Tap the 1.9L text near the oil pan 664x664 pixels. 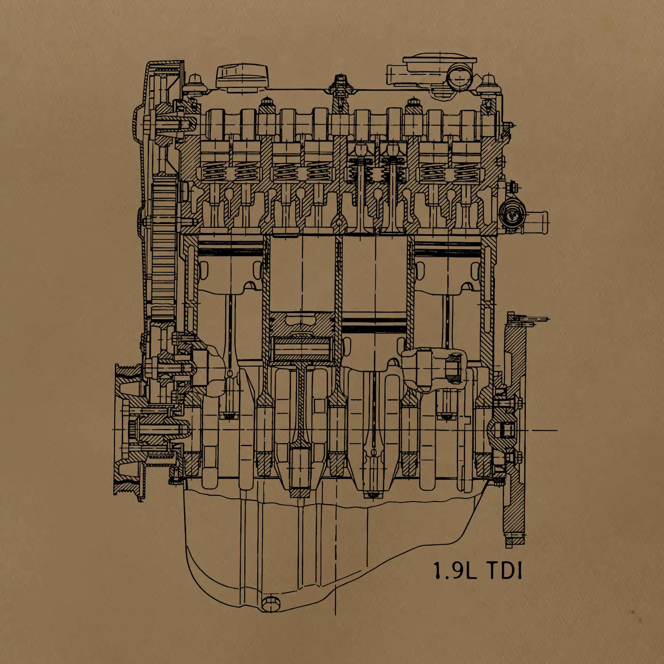point(455,571)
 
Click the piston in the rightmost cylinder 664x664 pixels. point(447,266)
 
